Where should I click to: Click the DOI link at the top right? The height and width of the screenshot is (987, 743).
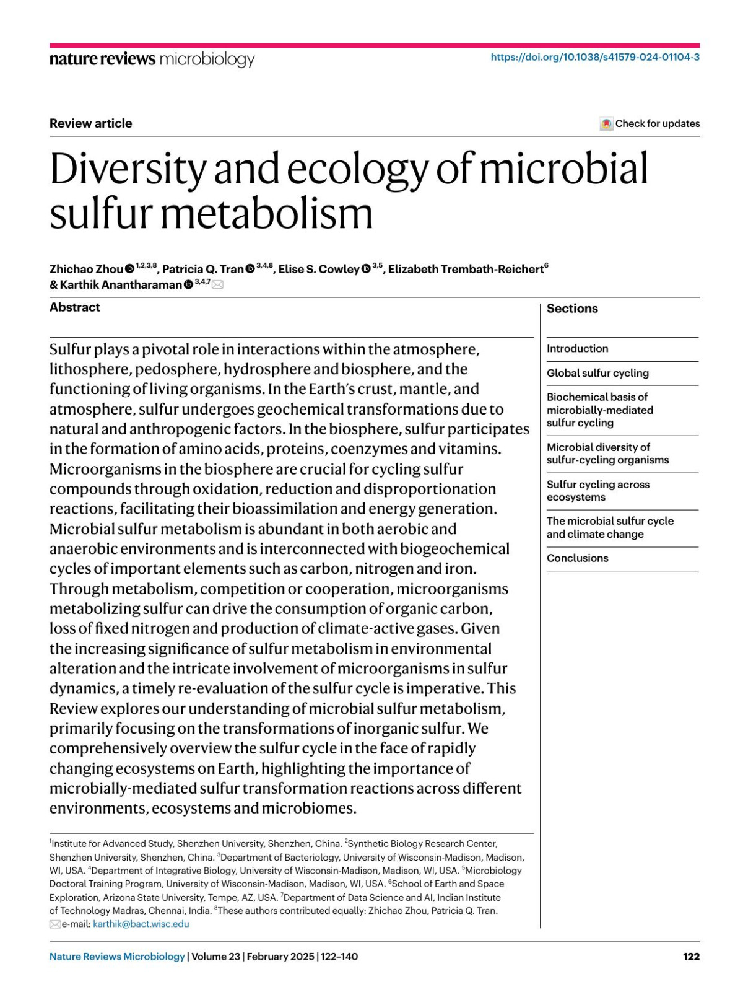595,57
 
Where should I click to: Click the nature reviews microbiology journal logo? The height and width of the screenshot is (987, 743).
152,59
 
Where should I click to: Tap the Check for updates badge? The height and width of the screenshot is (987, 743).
650,124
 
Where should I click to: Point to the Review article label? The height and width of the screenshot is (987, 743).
90,123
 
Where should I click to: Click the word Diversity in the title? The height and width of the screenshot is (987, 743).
128,169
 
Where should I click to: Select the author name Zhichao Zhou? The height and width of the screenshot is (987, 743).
86,270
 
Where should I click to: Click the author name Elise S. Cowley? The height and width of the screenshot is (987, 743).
318,270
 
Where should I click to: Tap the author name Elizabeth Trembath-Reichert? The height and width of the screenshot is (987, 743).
466,270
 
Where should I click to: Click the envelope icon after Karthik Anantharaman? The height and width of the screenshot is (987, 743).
218,285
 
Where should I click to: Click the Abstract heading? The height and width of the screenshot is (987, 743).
74,307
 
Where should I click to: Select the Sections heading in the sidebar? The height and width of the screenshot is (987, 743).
572,309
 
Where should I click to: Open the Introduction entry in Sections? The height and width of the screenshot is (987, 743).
577,349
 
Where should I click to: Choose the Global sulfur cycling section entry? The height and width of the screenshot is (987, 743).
597,373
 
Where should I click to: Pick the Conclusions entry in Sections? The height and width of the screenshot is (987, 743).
577,558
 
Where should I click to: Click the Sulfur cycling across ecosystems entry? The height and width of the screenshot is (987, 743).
597,491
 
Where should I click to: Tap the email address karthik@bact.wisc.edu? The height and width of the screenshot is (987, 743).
141,924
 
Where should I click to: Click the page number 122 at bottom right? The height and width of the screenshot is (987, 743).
691,957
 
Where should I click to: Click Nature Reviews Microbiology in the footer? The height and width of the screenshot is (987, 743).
117,957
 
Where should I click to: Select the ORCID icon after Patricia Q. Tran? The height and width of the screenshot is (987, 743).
250,269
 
